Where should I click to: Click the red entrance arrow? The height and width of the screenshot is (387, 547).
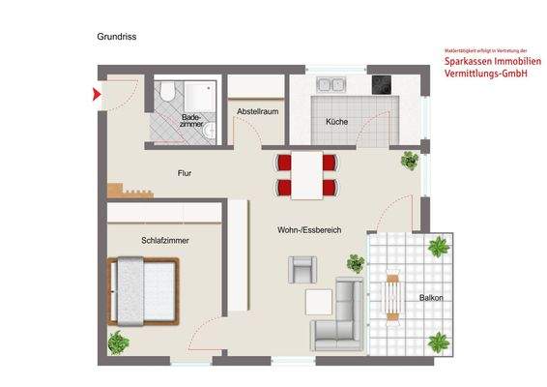96,94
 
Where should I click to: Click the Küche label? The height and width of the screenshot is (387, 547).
336,122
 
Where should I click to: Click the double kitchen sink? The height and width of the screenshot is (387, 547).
326,85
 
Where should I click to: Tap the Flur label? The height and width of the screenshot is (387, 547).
185,174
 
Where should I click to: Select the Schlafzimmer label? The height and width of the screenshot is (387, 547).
163,239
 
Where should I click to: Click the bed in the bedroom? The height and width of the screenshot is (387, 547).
145,289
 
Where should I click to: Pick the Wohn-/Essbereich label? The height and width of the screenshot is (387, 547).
308,229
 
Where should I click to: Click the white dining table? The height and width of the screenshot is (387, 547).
307,174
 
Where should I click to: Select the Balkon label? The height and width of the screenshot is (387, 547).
431,298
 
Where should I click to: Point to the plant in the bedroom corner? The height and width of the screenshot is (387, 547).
118,341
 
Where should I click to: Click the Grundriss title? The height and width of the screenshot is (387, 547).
115,36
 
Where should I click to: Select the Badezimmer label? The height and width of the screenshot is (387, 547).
191,122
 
